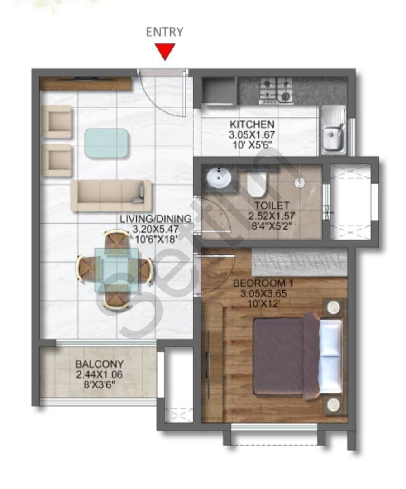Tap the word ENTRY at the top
(165, 32)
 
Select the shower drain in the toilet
(299, 182)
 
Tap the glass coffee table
(106, 143)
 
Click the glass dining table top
(116, 269)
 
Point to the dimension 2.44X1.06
(99, 374)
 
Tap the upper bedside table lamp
(334, 307)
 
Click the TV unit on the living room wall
(85, 83)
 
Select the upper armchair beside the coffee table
(57, 121)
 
